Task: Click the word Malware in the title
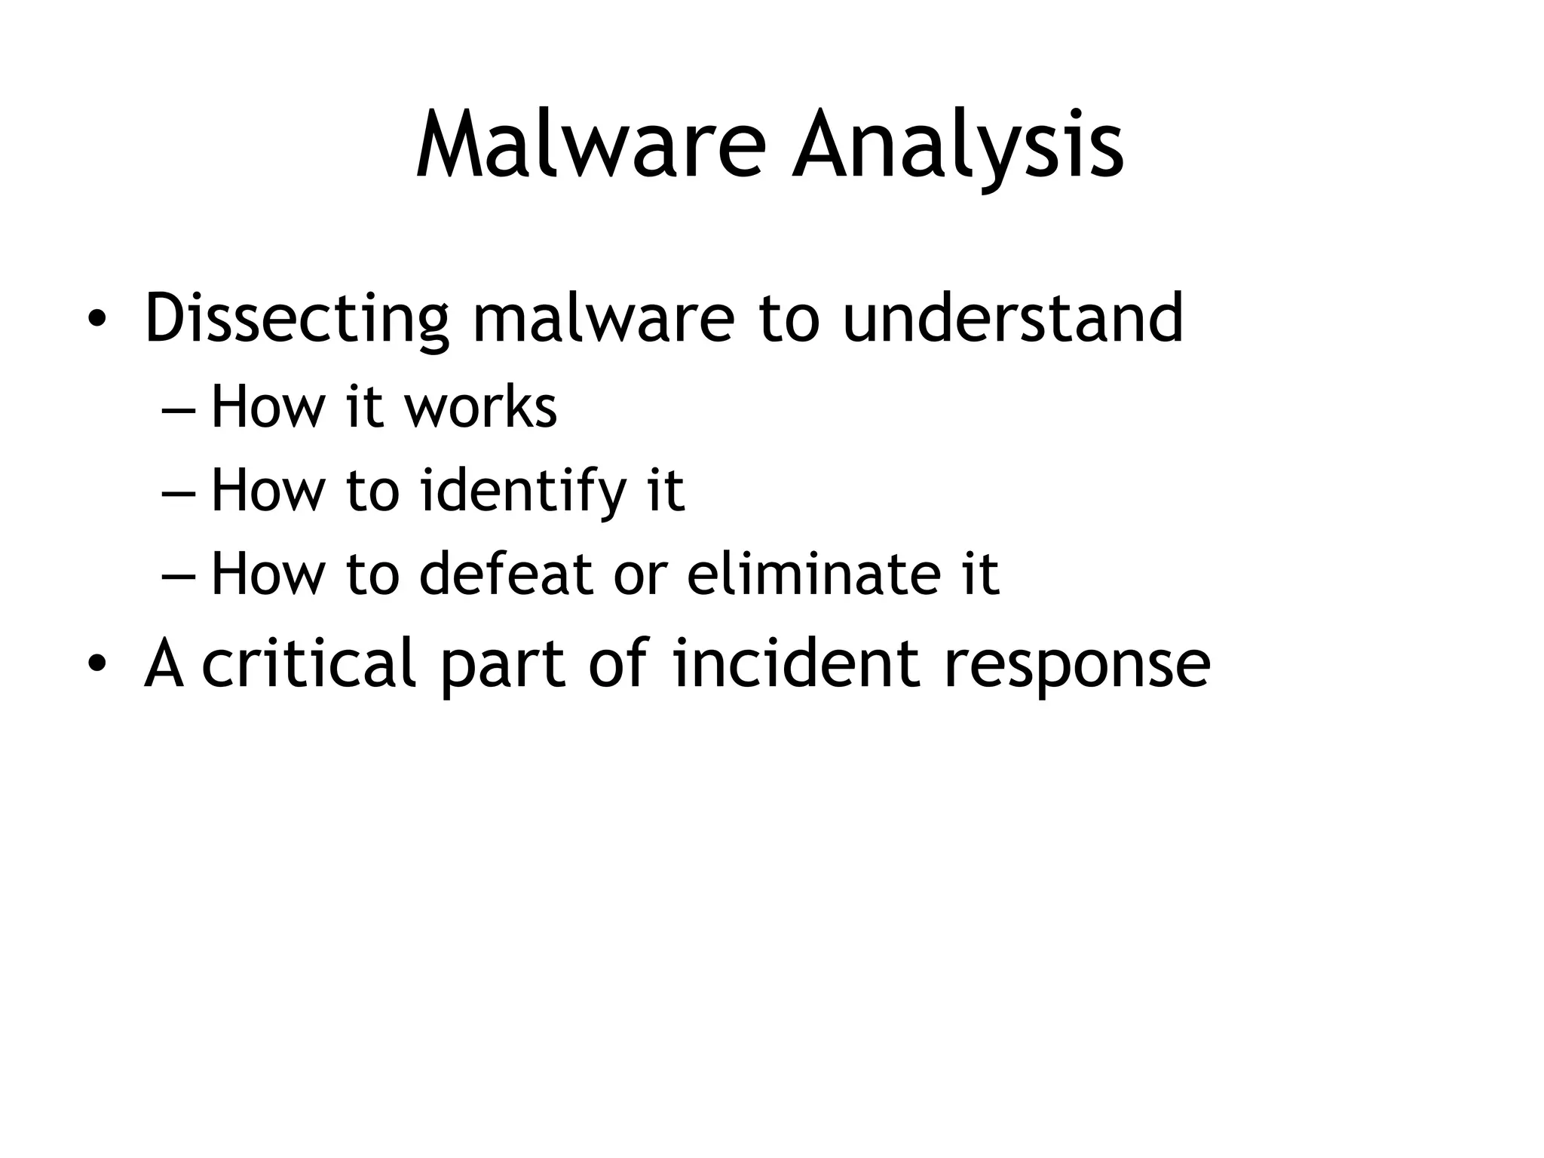coord(590,145)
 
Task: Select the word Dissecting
coord(296,318)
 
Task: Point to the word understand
coord(1012,318)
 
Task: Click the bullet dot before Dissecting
coord(96,320)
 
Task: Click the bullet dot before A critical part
coord(96,664)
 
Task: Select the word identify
coord(522,491)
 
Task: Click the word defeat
coord(504,574)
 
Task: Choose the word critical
coord(308,663)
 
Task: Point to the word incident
coord(796,663)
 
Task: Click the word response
coord(1077,663)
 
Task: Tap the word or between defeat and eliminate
coord(640,574)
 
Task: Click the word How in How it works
coord(268,407)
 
